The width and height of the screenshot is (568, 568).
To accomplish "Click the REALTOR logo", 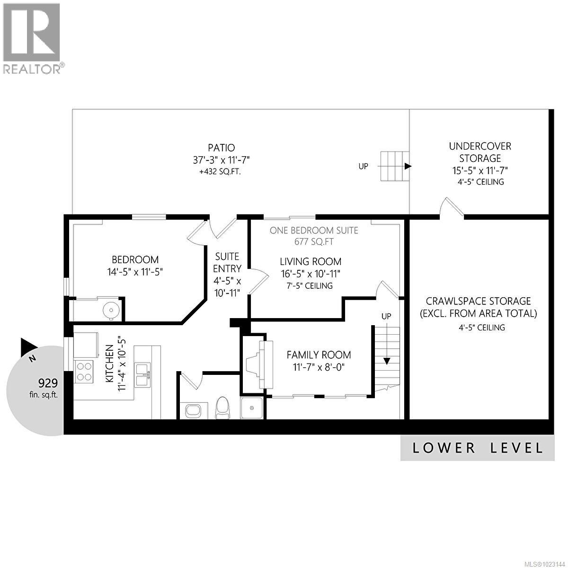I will click(32, 38).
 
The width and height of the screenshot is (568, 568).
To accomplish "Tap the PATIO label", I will click(221, 148).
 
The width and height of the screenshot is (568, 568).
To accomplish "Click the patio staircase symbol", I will click(394, 166).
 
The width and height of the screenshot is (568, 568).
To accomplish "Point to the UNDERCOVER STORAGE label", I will click(480, 152).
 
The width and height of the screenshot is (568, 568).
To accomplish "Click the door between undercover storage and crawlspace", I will click(452, 208).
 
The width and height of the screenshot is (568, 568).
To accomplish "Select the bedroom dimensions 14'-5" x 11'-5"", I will click(135, 272).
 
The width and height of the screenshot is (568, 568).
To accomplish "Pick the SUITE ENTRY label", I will click(228, 263).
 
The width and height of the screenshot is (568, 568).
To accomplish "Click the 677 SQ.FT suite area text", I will click(314, 242).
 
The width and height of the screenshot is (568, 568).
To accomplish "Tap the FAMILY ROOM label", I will click(319, 355).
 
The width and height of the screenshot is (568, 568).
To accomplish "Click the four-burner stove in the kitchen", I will click(84, 371).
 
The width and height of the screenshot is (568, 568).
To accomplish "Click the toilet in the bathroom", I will click(222, 407).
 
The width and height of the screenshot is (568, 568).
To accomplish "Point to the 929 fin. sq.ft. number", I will click(48, 383).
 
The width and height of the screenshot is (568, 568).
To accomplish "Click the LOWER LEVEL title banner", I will click(477, 448).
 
